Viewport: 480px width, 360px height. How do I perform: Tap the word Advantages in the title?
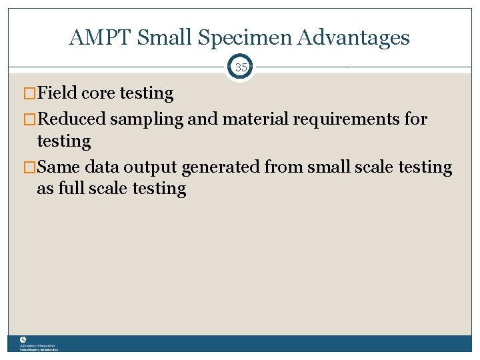pos(354,39)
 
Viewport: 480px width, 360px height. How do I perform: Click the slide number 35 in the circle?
pos(240,67)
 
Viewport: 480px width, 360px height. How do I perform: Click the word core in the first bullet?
pos(97,93)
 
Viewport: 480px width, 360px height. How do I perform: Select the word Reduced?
pos(72,119)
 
